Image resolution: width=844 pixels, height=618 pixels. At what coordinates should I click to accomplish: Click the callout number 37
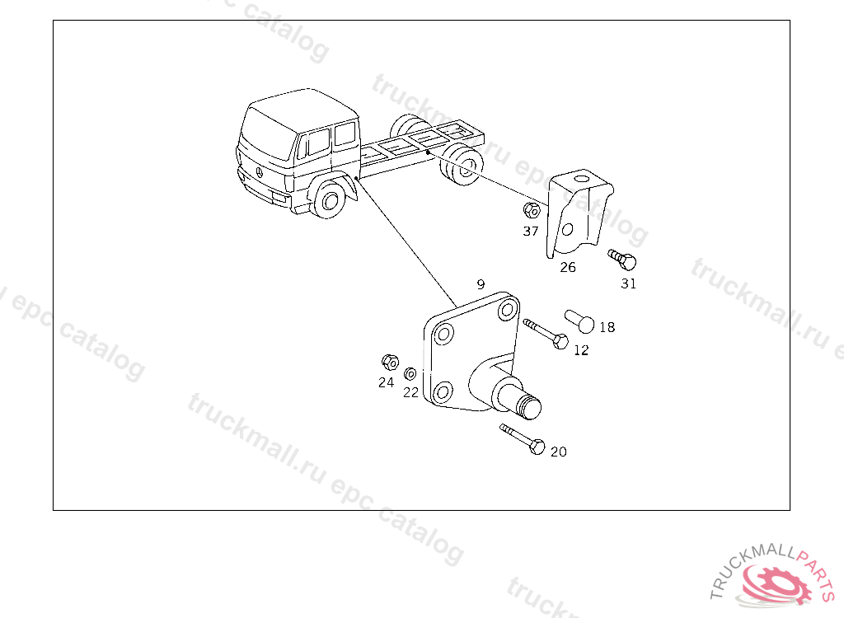pyautogui.click(x=531, y=231)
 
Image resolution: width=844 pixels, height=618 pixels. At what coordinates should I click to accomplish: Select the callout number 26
pyautogui.click(x=568, y=267)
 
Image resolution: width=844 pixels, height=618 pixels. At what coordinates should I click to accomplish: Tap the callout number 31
pyautogui.click(x=629, y=283)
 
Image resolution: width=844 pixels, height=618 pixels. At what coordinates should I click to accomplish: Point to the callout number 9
pyautogui.click(x=481, y=284)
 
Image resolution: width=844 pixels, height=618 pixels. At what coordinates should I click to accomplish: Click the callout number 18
pyautogui.click(x=607, y=327)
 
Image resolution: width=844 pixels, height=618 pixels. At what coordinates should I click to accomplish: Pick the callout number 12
pyautogui.click(x=581, y=350)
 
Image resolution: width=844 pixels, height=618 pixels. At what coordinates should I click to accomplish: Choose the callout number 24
pyautogui.click(x=386, y=383)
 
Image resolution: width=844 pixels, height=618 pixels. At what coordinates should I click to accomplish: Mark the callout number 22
pyautogui.click(x=410, y=393)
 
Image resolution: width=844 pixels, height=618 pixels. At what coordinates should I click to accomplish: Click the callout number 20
pyautogui.click(x=559, y=452)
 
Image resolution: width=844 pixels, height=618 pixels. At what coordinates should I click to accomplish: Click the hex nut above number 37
pyautogui.click(x=532, y=210)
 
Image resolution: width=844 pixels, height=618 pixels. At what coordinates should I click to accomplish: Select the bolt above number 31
pyautogui.click(x=622, y=260)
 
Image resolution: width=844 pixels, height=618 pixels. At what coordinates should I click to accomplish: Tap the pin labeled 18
pyautogui.click(x=579, y=321)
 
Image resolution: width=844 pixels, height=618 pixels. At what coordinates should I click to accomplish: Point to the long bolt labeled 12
pyautogui.click(x=546, y=334)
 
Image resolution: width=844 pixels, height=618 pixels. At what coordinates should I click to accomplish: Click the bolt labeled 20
pyautogui.click(x=522, y=439)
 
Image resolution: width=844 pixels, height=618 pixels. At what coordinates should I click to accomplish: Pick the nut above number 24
pyautogui.click(x=390, y=363)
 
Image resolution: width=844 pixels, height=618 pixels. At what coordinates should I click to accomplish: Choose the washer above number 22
pyautogui.click(x=410, y=373)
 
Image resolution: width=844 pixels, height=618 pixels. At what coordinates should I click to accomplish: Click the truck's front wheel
pyautogui.click(x=329, y=199)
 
